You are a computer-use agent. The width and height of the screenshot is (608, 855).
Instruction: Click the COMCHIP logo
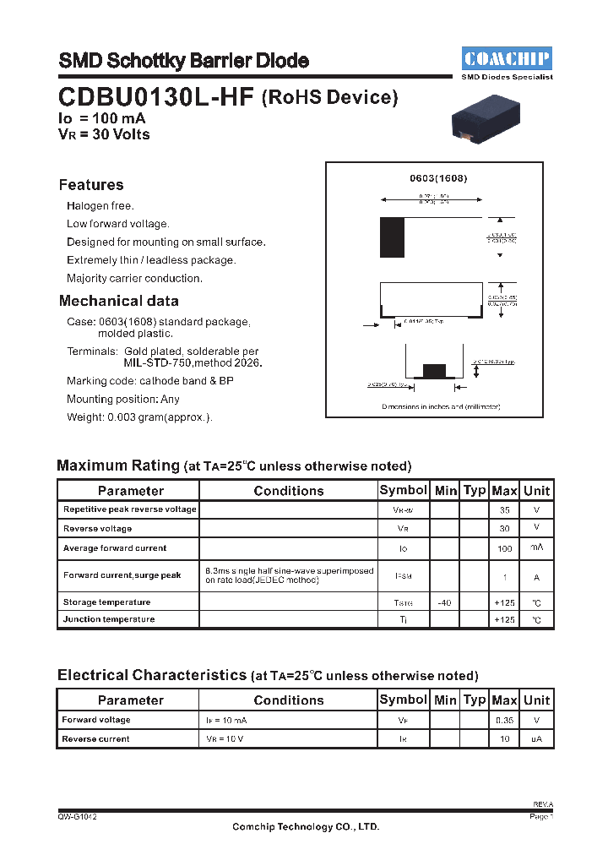[507, 59]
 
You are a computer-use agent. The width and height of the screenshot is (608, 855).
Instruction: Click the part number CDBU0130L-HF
[155, 97]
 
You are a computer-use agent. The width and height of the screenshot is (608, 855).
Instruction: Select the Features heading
[91, 185]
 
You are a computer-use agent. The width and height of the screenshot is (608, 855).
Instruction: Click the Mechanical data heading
[119, 301]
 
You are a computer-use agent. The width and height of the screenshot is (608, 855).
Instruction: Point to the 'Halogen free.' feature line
[100, 205]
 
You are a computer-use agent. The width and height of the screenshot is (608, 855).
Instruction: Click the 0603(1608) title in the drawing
[438, 178]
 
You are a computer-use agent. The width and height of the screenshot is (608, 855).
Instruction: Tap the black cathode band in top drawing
[392, 237]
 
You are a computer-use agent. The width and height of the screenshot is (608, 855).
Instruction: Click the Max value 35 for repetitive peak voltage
[504, 510]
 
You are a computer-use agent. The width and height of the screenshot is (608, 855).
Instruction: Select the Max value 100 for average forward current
[504, 548]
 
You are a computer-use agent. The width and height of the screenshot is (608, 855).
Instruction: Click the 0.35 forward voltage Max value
[504, 721]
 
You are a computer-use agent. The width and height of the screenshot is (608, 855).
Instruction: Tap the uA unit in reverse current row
[536, 739]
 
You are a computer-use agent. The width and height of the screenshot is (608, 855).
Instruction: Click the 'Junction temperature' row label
[109, 619]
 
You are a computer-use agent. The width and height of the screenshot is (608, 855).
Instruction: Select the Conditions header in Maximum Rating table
[288, 491]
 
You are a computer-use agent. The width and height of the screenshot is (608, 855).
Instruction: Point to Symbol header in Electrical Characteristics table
[403, 700]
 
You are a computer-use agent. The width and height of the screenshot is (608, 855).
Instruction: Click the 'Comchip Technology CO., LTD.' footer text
[306, 827]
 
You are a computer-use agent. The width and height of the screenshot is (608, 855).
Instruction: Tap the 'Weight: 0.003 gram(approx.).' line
[139, 417]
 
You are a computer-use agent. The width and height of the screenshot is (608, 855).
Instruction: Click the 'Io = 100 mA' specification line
[101, 119]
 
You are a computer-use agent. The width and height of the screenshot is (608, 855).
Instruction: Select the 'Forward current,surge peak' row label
[122, 575]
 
